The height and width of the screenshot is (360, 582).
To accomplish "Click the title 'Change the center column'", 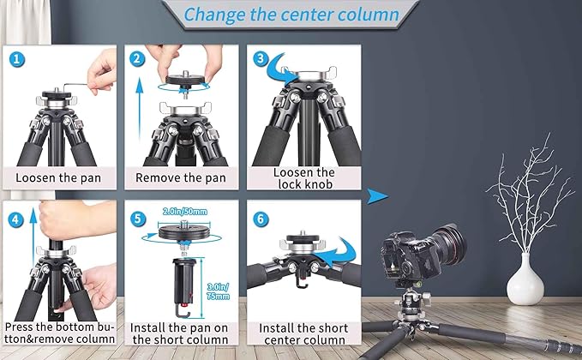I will point(291,15).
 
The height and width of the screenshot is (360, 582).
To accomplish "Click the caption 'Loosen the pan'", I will point(58,178).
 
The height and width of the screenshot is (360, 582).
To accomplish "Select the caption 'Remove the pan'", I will point(181,178).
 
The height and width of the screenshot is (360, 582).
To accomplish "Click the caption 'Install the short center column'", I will point(303,333).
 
